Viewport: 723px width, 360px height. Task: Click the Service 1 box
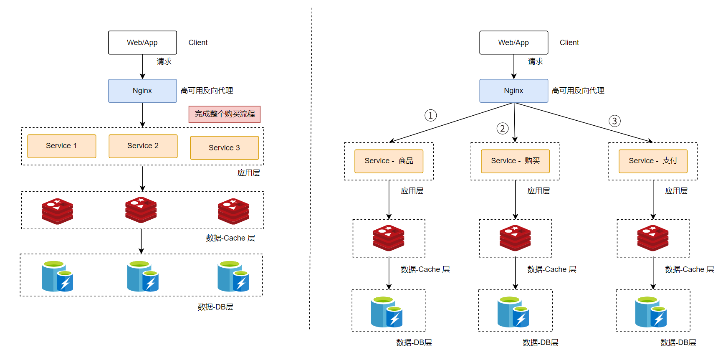pyautogui.click(x=62, y=146)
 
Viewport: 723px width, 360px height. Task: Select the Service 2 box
pyautogui.click(x=143, y=146)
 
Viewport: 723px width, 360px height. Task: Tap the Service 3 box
pyautogui.click(x=224, y=148)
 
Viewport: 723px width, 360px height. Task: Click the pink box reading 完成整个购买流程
pyautogui.click(x=225, y=114)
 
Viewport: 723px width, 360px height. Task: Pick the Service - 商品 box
pyautogui.click(x=389, y=161)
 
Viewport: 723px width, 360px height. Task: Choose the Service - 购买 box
pyautogui.click(x=515, y=161)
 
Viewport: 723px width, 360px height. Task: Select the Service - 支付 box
pyautogui.click(x=653, y=161)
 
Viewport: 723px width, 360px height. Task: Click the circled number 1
pyautogui.click(x=430, y=115)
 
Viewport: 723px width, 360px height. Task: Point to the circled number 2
pyautogui.click(x=503, y=128)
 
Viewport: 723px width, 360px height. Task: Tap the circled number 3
pyautogui.click(x=614, y=121)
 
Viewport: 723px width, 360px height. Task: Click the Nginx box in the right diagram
pyautogui.click(x=513, y=91)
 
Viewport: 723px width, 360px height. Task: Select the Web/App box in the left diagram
pyautogui.click(x=142, y=43)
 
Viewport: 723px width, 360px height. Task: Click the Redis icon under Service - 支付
pyautogui.click(x=653, y=238)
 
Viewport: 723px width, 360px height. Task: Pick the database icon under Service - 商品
pyautogui.click(x=387, y=312)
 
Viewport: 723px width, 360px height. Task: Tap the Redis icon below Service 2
pyautogui.click(x=141, y=210)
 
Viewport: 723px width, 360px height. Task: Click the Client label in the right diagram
pyautogui.click(x=569, y=43)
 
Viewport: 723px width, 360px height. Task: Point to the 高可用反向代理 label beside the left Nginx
pyautogui.click(x=207, y=91)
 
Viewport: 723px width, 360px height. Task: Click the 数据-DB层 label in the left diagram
pyautogui.click(x=215, y=307)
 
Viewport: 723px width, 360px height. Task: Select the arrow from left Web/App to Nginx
pyautogui.click(x=143, y=66)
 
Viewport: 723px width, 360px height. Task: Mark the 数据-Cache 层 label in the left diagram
pyautogui.click(x=230, y=238)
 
